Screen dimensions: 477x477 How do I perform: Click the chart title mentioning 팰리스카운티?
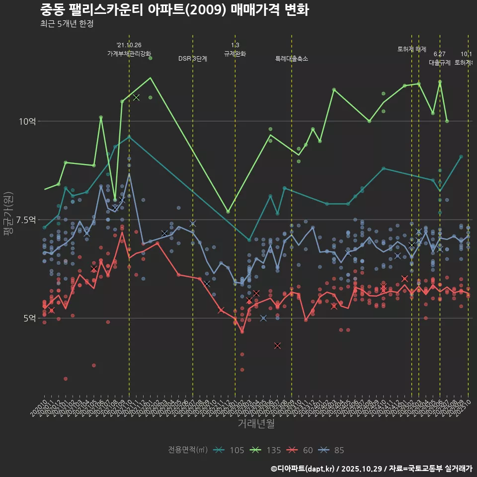(x=174, y=10)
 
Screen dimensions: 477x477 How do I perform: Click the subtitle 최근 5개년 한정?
(x=67, y=24)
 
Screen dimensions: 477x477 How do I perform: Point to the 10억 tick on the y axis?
(x=27, y=121)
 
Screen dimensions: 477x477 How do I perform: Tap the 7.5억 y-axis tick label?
(x=25, y=220)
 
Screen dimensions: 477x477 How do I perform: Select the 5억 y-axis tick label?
(x=29, y=318)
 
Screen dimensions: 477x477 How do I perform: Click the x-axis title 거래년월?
(x=255, y=424)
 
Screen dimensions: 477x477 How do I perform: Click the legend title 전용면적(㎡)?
(x=188, y=450)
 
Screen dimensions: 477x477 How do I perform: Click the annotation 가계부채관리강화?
(x=129, y=53)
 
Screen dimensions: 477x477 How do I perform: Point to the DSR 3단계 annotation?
(x=193, y=59)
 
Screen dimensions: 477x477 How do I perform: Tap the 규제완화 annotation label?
(x=235, y=53)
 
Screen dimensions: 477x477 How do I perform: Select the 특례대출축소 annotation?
(x=292, y=59)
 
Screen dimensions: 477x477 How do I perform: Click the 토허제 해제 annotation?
(x=411, y=49)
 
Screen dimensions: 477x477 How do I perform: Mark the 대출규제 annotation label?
(x=439, y=63)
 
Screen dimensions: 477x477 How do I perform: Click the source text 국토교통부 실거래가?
(x=442, y=469)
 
